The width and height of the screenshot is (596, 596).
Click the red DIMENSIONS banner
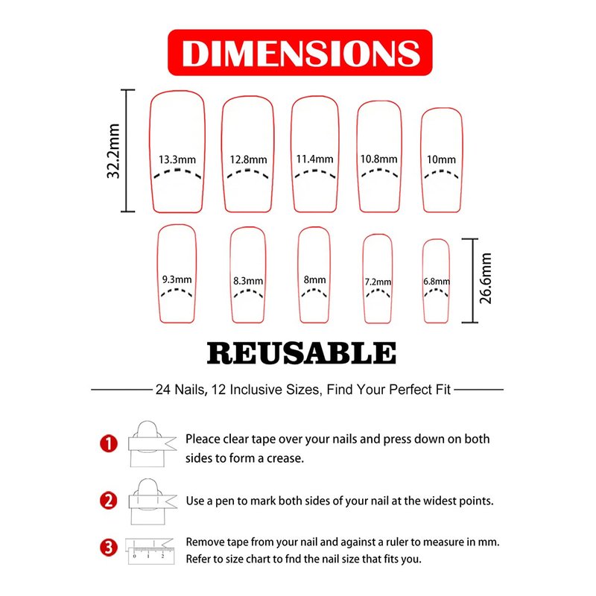click(x=300, y=52)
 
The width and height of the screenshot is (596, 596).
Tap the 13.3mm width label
click(x=177, y=159)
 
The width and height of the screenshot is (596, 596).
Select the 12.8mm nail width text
click(x=248, y=159)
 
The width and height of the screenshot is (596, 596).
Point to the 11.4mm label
click(x=314, y=159)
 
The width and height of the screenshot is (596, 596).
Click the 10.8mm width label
click(x=379, y=159)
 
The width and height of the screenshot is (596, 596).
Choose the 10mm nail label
click(x=441, y=159)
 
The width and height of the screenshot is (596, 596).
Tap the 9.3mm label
click(x=177, y=280)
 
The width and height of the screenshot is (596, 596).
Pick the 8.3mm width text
click(x=248, y=281)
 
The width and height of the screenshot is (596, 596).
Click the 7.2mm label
click(x=378, y=282)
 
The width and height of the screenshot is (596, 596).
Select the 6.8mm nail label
click(x=437, y=282)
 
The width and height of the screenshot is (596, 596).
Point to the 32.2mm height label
click(x=114, y=151)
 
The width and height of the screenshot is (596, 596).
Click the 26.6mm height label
click(x=486, y=279)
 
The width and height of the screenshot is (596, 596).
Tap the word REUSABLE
click(x=302, y=353)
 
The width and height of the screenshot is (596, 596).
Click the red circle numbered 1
click(x=109, y=443)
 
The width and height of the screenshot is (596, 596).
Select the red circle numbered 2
click(x=109, y=501)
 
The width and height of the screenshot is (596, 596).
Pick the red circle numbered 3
click(x=109, y=548)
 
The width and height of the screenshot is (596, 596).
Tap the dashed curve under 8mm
click(x=314, y=292)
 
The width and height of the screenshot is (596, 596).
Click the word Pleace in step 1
click(x=203, y=439)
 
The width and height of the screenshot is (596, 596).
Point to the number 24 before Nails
click(x=162, y=390)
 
